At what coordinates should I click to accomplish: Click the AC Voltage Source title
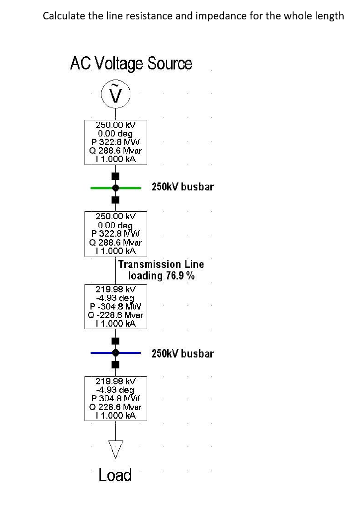coord(131,64)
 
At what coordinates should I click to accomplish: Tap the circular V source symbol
coord(115,94)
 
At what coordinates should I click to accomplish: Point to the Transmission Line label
coord(161,264)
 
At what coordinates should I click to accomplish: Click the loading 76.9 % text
coord(161,276)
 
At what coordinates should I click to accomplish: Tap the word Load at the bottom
coord(115,475)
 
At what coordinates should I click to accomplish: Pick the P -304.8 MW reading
coord(115,306)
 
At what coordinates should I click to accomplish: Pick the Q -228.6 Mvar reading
coord(115,315)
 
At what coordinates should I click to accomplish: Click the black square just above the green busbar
coord(116,176)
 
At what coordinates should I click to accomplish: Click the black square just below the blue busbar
coord(116,364)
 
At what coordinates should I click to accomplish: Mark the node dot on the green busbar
coord(116,188)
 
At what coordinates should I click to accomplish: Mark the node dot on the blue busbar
coord(116,352)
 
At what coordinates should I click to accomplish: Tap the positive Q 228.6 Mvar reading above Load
coord(115,407)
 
